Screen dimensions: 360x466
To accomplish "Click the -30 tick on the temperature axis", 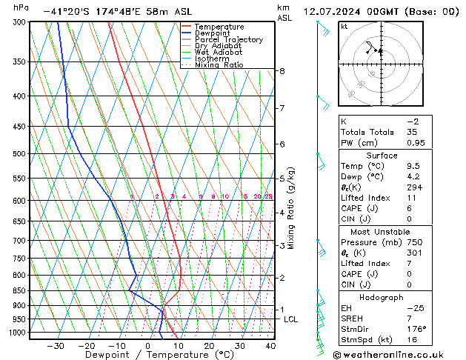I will tap(55, 346).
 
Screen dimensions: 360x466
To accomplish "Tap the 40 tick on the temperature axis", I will tap(270, 346).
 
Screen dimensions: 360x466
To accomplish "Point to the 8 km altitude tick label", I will tap(282, 71).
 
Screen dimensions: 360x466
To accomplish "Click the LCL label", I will tap(291, 319).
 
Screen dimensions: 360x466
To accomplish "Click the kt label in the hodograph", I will tap(344, 27).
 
